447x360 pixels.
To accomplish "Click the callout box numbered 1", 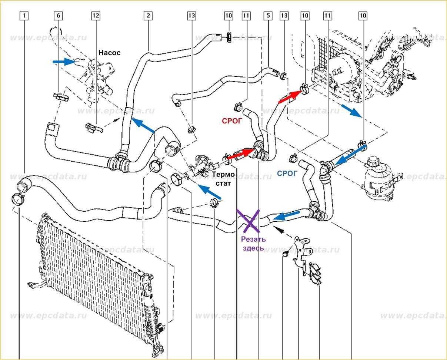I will click(x=24, y=16).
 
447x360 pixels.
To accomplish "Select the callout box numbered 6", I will click(x=58, y=16).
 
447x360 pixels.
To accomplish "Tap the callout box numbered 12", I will click(x=96, y=16).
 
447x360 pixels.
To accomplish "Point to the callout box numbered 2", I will click(x=148, y=16).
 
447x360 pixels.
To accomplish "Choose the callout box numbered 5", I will click(x=268, y=16).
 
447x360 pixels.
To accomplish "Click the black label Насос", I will click(x=109, y=53).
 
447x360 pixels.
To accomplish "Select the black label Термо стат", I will click(x=224, y=178).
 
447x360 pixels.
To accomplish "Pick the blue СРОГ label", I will click(x=287, y=174).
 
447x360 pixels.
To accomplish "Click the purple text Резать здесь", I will click(x=253, y=244).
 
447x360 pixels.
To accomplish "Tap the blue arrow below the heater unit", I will click(x=351, y=110).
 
